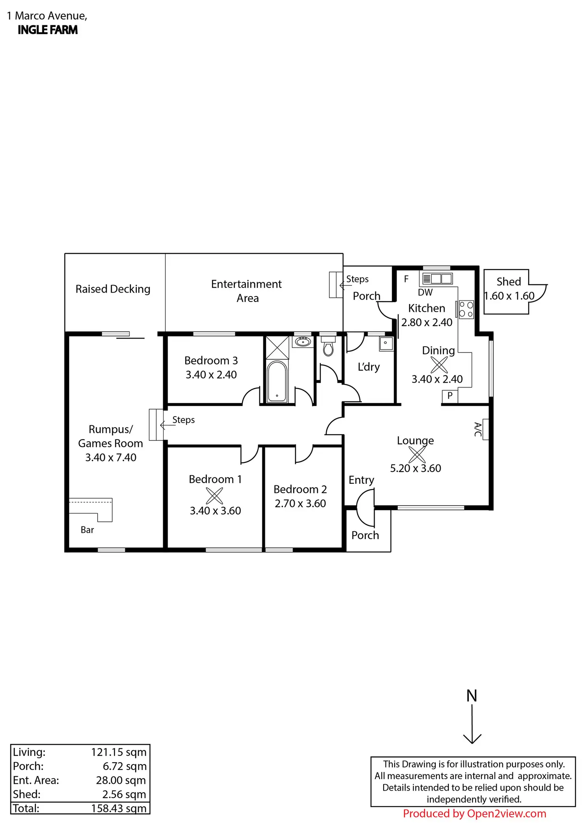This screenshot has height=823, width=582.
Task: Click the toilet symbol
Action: point(328,348)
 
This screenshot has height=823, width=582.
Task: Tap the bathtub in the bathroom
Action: point(277,381)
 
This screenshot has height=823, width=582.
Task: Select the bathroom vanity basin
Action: point(303,341)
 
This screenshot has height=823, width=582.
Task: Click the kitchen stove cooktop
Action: point(466,310)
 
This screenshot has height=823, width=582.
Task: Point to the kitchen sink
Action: point(437,279)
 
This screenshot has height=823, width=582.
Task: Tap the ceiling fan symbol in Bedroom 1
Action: point(214,496)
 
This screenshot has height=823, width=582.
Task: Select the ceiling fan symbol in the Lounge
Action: point(417,455)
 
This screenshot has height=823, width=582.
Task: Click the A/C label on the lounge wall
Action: point(478,429)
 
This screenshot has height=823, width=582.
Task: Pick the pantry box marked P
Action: point(450,396)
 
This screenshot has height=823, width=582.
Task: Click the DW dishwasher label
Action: point(425,293)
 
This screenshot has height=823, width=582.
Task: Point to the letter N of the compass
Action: point(472,696)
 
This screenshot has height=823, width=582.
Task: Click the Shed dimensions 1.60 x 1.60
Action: point(509,296)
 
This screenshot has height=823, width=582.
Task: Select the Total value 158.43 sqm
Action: point(119,808)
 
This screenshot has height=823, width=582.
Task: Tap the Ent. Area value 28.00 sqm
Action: point(121,780)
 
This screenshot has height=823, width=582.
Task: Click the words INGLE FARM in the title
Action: point(47,30)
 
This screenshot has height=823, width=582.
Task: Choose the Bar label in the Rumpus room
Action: point(87,530)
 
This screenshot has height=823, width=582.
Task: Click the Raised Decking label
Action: point(113,289)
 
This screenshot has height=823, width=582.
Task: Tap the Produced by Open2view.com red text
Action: point(474,814)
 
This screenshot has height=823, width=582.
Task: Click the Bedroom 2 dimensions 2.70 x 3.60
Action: point(300,503)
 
